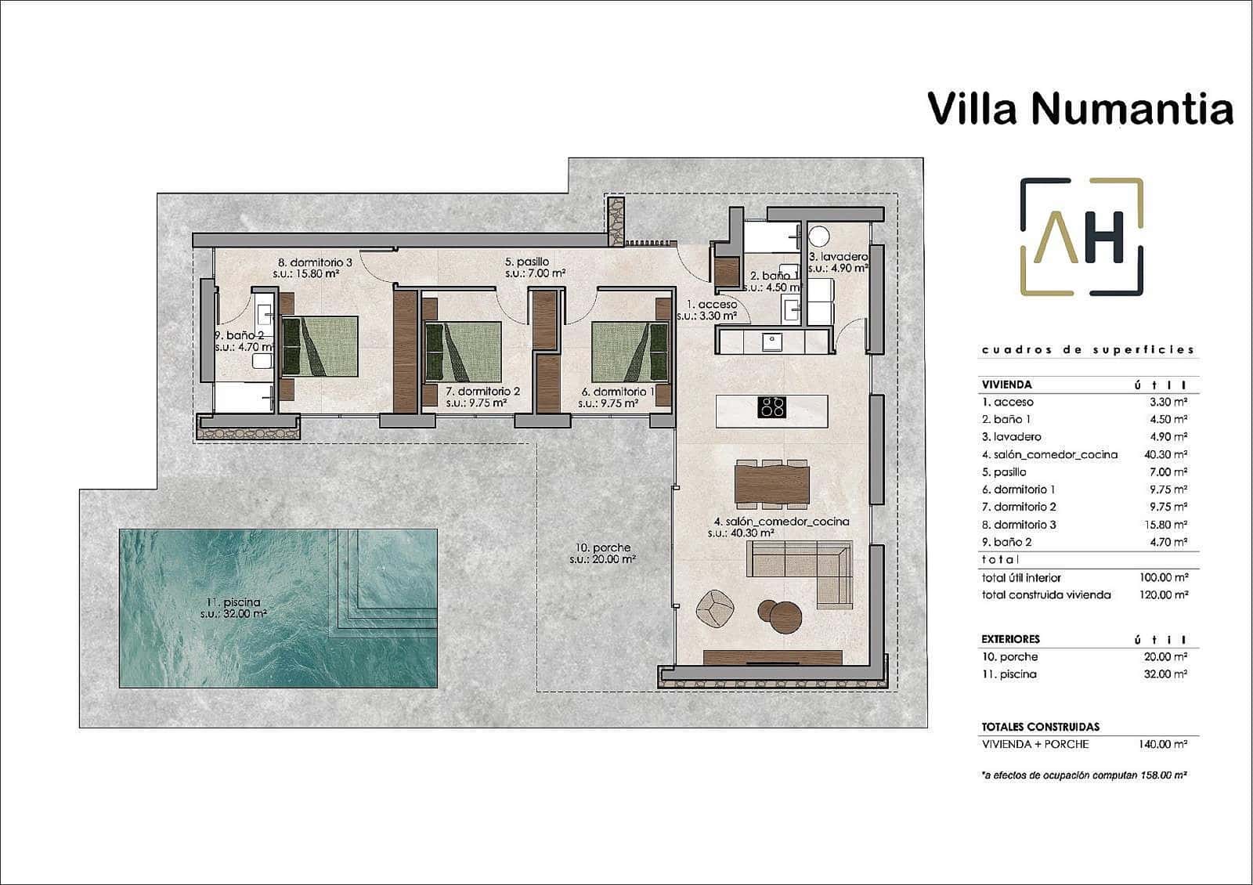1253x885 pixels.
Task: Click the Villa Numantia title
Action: (1080, 108)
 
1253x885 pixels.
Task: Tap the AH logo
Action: (1081, 237)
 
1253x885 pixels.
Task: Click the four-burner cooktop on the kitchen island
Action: (771, 406)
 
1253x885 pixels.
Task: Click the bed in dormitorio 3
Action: (320, 345)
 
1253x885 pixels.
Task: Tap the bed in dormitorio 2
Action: (462, 351)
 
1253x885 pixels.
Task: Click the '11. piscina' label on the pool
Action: (233, 602)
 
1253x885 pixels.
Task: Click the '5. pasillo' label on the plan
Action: (527, 262)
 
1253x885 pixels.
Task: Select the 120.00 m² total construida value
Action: (1164, 594)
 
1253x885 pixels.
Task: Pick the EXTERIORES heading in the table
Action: (1010, 639)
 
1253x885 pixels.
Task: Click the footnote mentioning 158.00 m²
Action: (1084, 775)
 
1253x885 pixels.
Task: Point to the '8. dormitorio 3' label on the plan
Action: (316, 262)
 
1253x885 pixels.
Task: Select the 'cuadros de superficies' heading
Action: (1088, 350)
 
